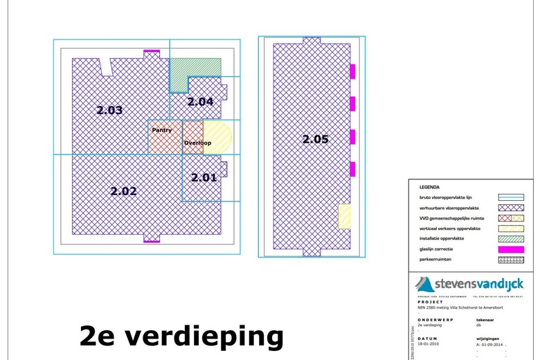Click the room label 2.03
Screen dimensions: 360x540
[x=109, y=110]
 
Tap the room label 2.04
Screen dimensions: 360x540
[x=201, y=102]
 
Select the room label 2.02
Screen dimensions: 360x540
[x=124, y=191]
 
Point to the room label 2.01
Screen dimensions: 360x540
[x=204, y=177]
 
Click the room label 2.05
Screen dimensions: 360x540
[x=315, y=139]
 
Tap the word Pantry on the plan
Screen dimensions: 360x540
[x=162, y=129]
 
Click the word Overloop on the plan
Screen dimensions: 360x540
[x=197, y=143]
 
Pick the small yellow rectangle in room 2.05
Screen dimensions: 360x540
[x=343, y=216]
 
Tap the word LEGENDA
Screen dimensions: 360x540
[x=430, y=187]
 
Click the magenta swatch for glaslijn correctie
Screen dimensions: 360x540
[x=511, y=249]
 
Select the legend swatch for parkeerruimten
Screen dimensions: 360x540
[x=511, y=260]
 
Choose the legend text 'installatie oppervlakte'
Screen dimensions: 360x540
[x=442, y=239]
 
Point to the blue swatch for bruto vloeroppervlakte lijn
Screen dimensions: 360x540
[x=511, y=197]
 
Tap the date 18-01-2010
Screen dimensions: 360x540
[x=430, y=343]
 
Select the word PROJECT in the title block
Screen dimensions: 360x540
[x=431, y=303]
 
